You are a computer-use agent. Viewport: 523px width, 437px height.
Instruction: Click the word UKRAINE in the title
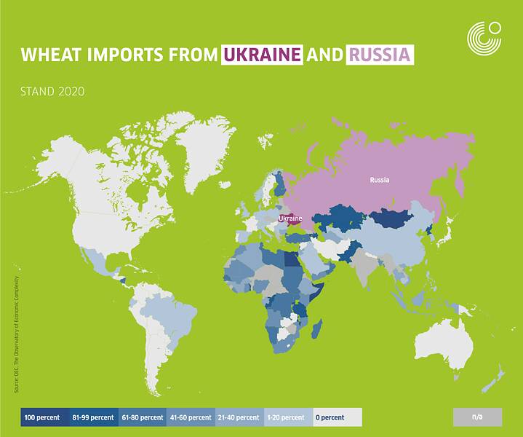coord(262,55)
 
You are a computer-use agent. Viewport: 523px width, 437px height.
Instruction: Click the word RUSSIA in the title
coord(380,55)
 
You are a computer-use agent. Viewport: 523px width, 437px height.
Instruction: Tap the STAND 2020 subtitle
coord(53,92)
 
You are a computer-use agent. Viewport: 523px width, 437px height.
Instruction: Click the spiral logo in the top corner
coord(484,36)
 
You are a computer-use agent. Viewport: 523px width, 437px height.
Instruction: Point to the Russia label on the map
coord(379,179)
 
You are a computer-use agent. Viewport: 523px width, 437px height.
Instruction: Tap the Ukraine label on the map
coord(290,218)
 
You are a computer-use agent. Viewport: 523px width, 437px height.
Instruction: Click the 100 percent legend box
coord(43,417)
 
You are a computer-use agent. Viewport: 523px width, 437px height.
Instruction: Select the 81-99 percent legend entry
coord(92,417)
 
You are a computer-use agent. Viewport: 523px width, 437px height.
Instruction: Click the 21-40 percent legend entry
coord(239,417)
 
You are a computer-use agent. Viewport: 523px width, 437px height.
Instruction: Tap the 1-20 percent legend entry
coord(287,417)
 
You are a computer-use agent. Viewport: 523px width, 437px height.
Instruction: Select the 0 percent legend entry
coord(336,417)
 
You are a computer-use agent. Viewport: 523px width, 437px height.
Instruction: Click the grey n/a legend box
coord(477,417)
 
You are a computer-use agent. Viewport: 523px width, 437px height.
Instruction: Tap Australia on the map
coord(444,342)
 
